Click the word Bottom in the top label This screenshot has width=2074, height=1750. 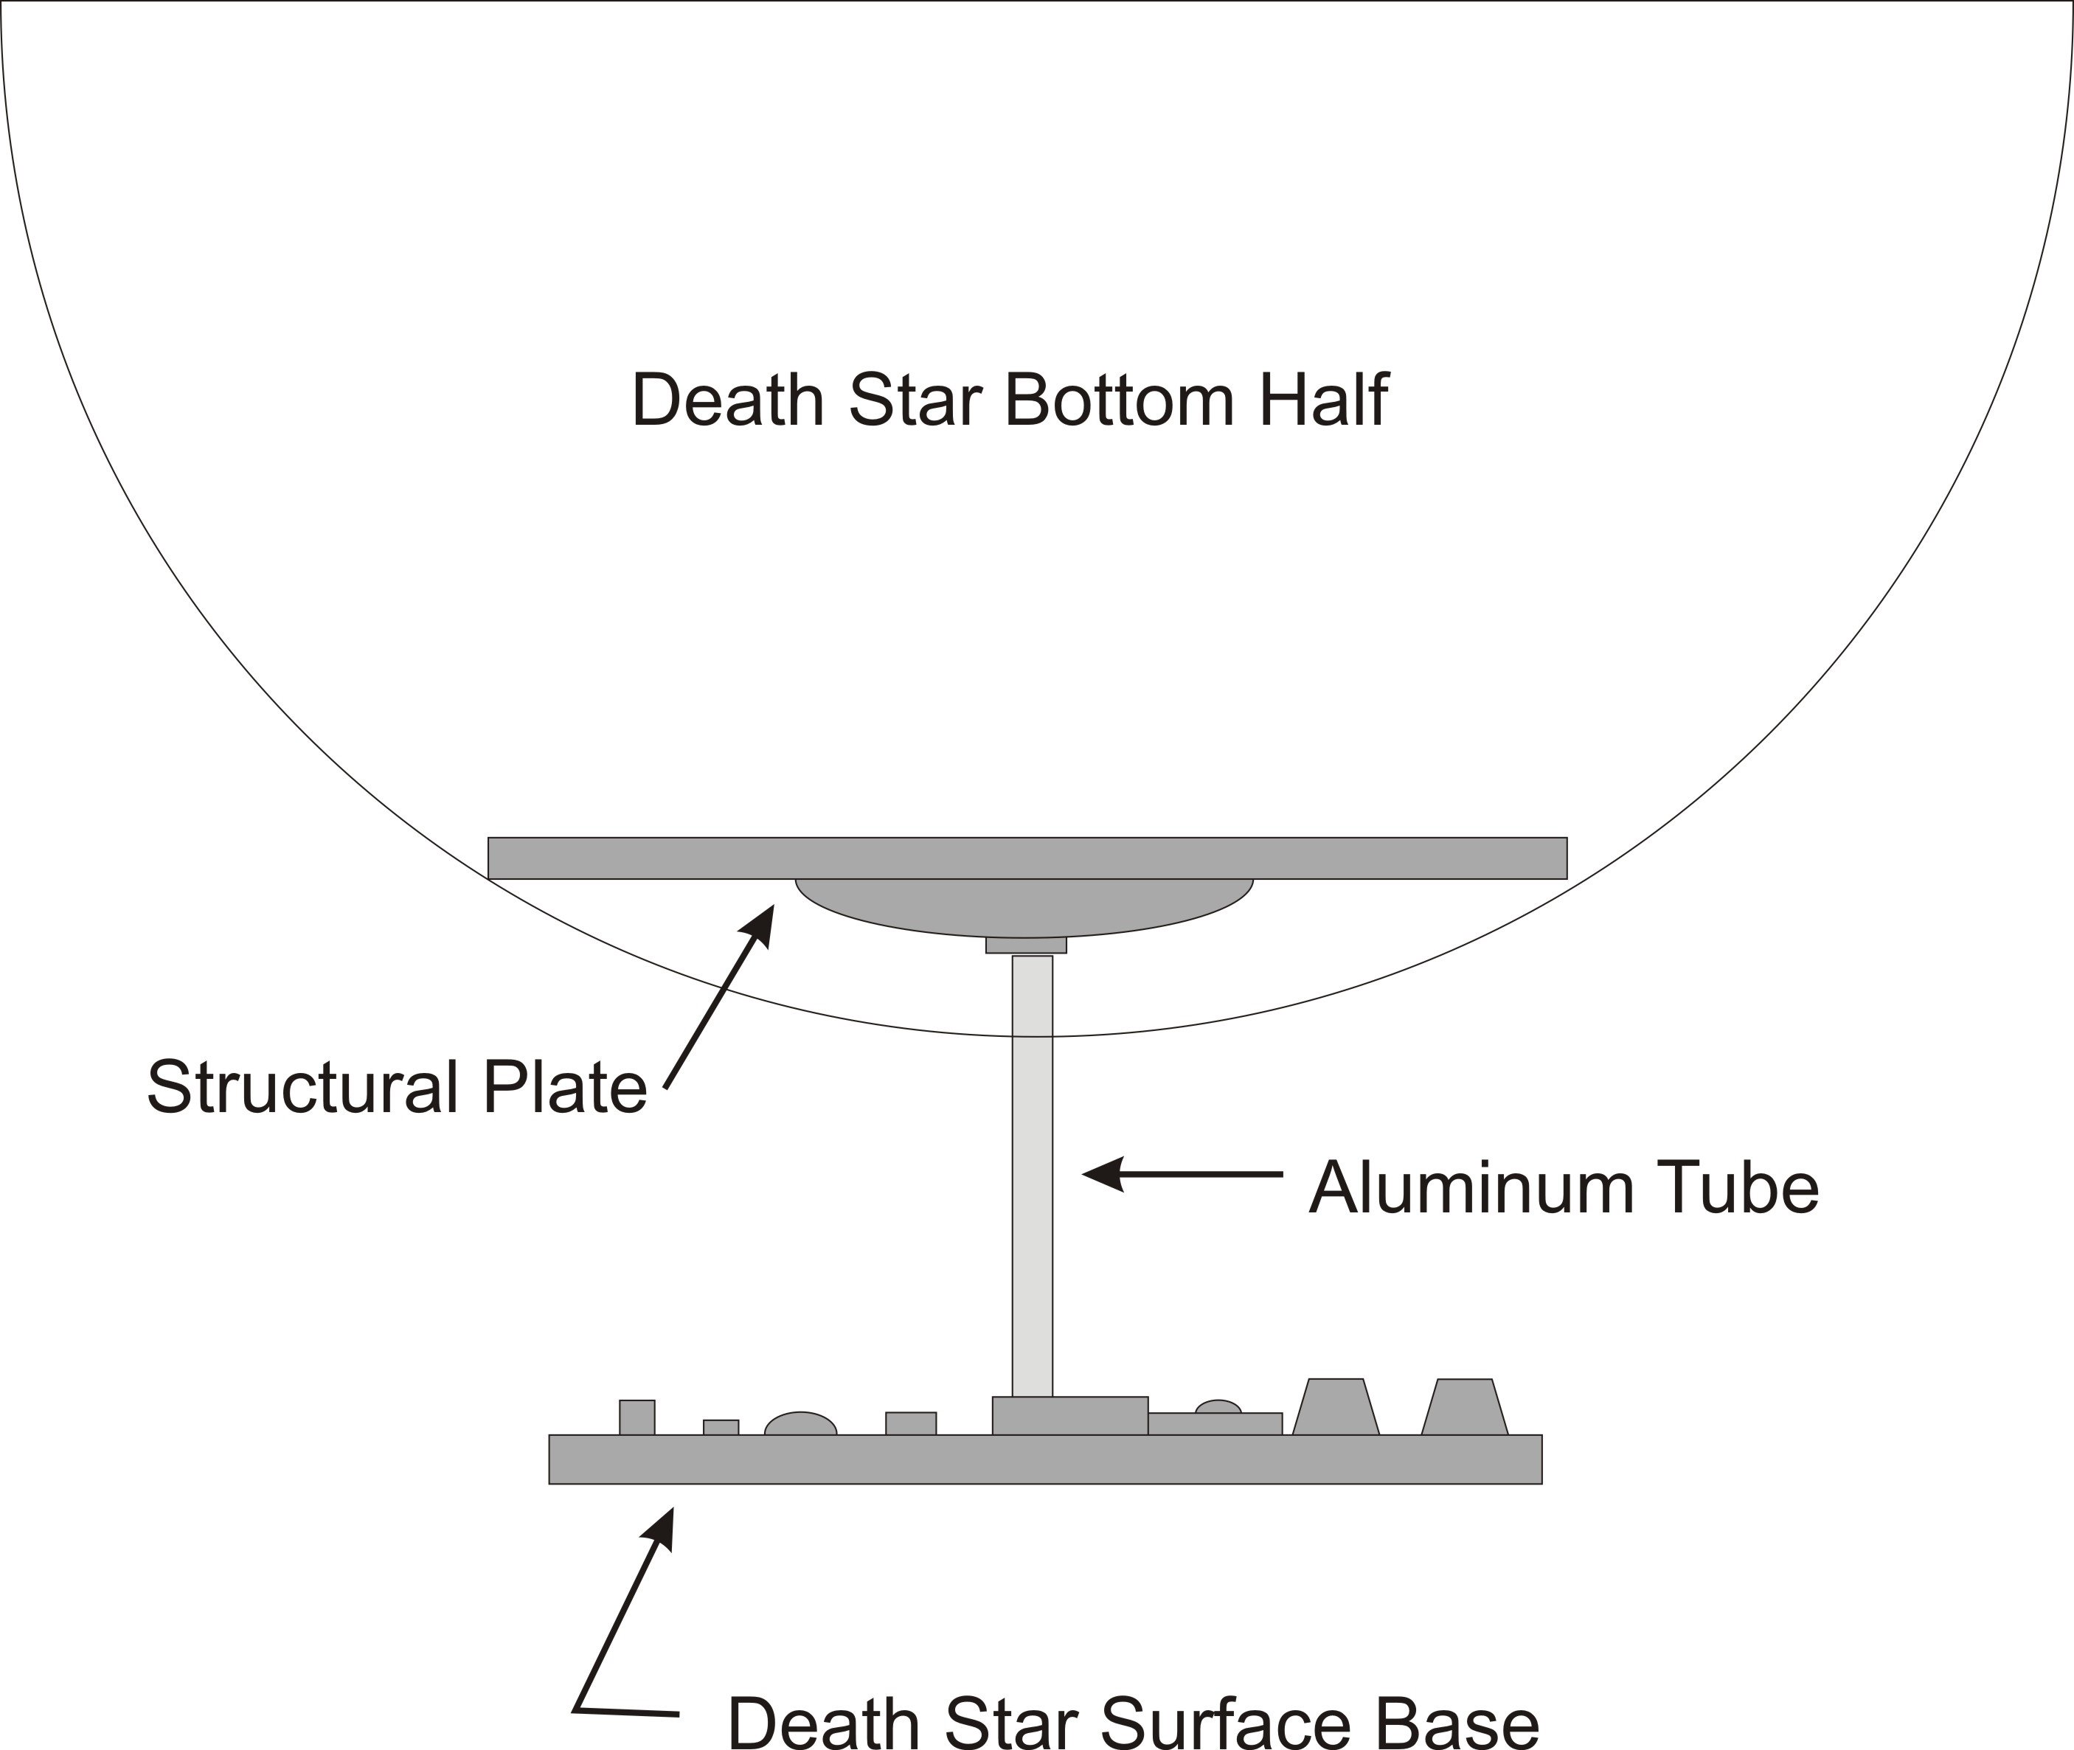pyautogui.click(x=1120, y=400)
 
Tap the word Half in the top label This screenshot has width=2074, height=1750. pyautogui.click(x=1324, y=399)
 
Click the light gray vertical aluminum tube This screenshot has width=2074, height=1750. pyautogui.click(x=1032, y=1176)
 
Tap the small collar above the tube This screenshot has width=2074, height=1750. pyautogui.click(x=1026, y=945)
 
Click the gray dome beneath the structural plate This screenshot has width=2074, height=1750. pyautogui.click(x=1024, y=907)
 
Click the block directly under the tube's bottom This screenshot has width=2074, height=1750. pyautogui.click(x=1069, y=1416)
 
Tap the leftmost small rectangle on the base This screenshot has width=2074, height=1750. pyautogui.click(x=637, y=1417)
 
